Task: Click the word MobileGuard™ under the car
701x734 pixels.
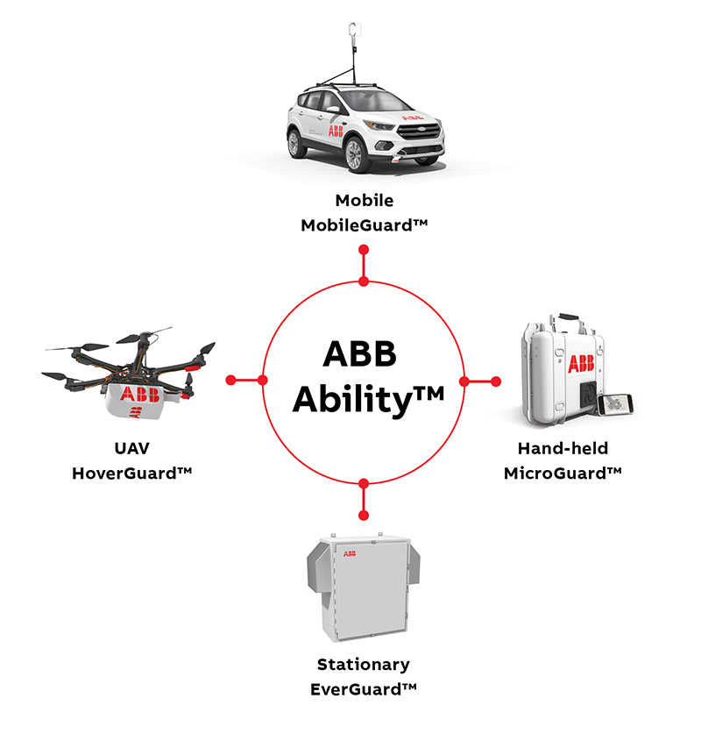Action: [364, 224]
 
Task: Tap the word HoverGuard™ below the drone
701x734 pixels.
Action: [131, 473]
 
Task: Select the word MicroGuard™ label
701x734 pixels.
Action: [563, 473]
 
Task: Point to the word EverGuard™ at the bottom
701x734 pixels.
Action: [364, 689]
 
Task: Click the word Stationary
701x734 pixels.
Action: [364, 665]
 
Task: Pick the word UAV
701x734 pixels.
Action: [131, 448]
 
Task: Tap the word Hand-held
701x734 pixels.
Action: [563, 448]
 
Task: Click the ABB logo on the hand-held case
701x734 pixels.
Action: [580, 364]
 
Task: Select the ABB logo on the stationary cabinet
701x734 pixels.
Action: [350, 554]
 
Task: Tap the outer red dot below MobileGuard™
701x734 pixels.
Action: [365, 250]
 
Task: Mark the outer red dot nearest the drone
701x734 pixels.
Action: [231, 380]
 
